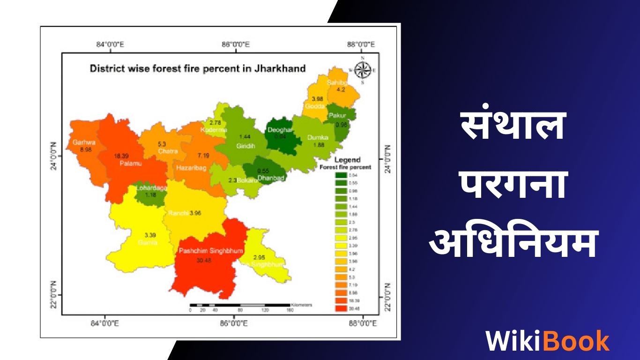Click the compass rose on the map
pyautogui.click(x=362, y=70)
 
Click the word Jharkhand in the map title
pyautogui.click(x=280, y=68)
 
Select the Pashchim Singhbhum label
pyautogui.click(x=211, y=251)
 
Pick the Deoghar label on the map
pyautogui.click(x=280, y=130)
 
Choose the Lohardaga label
pyautogui.click(x=151, y=188)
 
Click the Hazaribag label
pyautogui.click(x=192, y=167)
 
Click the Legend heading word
pyautogui.click(x=347, y=160)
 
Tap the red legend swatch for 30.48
pyautogui.click(x=341, y=308)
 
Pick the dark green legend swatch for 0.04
pyautogui.click(x=341, y=175)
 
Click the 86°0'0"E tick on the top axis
pyautogui.click(x=235, y=45)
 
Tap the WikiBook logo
pyautogui.click(x=547, y=340)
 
